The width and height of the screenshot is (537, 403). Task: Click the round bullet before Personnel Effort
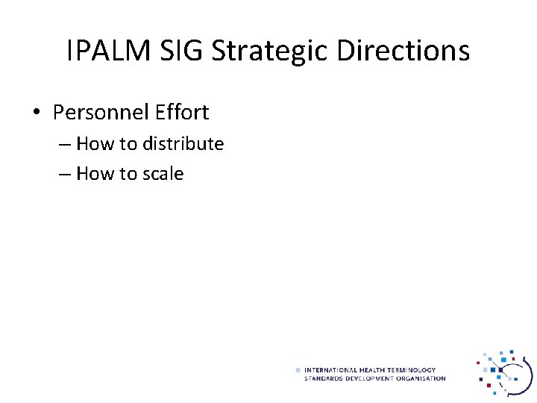pyautogui.click(x=37, y=113)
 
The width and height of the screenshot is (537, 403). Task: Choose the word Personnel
pyautogui.click(x=100, y=113)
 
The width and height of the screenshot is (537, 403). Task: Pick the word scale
pyautogui.click(x=163, y=174)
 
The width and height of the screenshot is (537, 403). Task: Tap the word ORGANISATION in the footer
pyautogui.click(x=420, y=378)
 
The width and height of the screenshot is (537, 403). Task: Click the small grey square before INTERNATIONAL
pyautogui.click(x=298, y=370)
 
